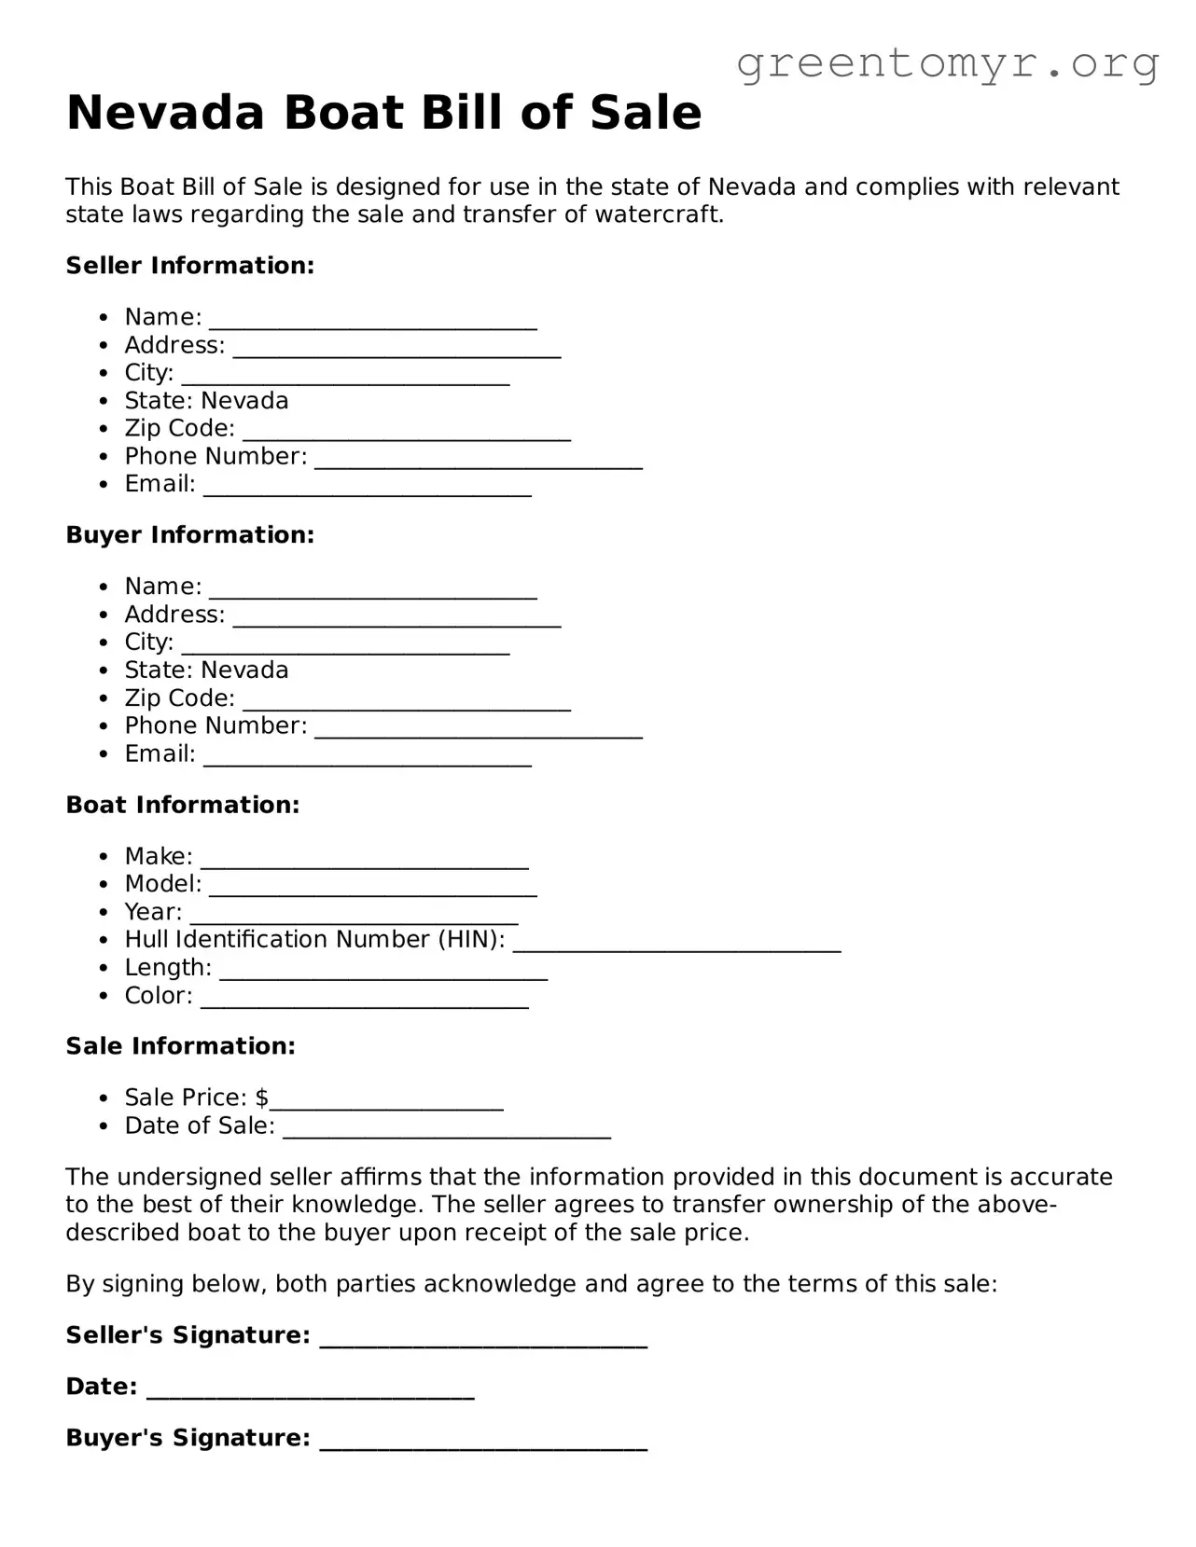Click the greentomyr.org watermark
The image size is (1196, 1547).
(x=947, y=64)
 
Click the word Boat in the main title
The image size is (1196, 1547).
(x=342, y=113)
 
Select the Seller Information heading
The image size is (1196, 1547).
(x=190, y=266)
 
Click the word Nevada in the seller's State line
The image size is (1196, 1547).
(x=244, y=401)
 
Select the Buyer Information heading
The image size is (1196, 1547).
(x=190, y=535)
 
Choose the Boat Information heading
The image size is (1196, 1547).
(x=183, y=805)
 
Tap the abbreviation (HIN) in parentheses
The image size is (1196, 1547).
(x=471, y=940)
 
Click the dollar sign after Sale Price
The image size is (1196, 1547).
(x=261, y=1098)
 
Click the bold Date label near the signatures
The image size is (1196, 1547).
(x=101, y=1387)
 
